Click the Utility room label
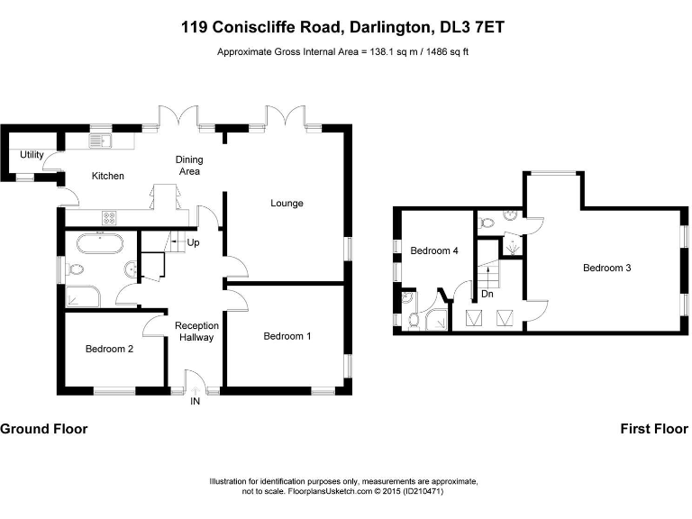(32, 155)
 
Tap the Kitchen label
(108, 176)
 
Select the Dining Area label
(188, 166)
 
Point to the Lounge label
(287, 203)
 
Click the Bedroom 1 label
(287, 336)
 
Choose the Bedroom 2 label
(110, 349)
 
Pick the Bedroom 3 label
(606, 268)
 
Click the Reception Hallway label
(195, 332)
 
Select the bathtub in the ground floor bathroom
(99, 241)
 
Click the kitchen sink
(100, 140)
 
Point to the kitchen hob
(110, 216)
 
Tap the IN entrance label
(195, 402)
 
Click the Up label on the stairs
(193, 243)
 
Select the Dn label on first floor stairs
(487, 294)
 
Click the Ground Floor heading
(44, 429)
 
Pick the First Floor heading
(654, 429)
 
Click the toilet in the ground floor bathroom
(76, 269)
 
